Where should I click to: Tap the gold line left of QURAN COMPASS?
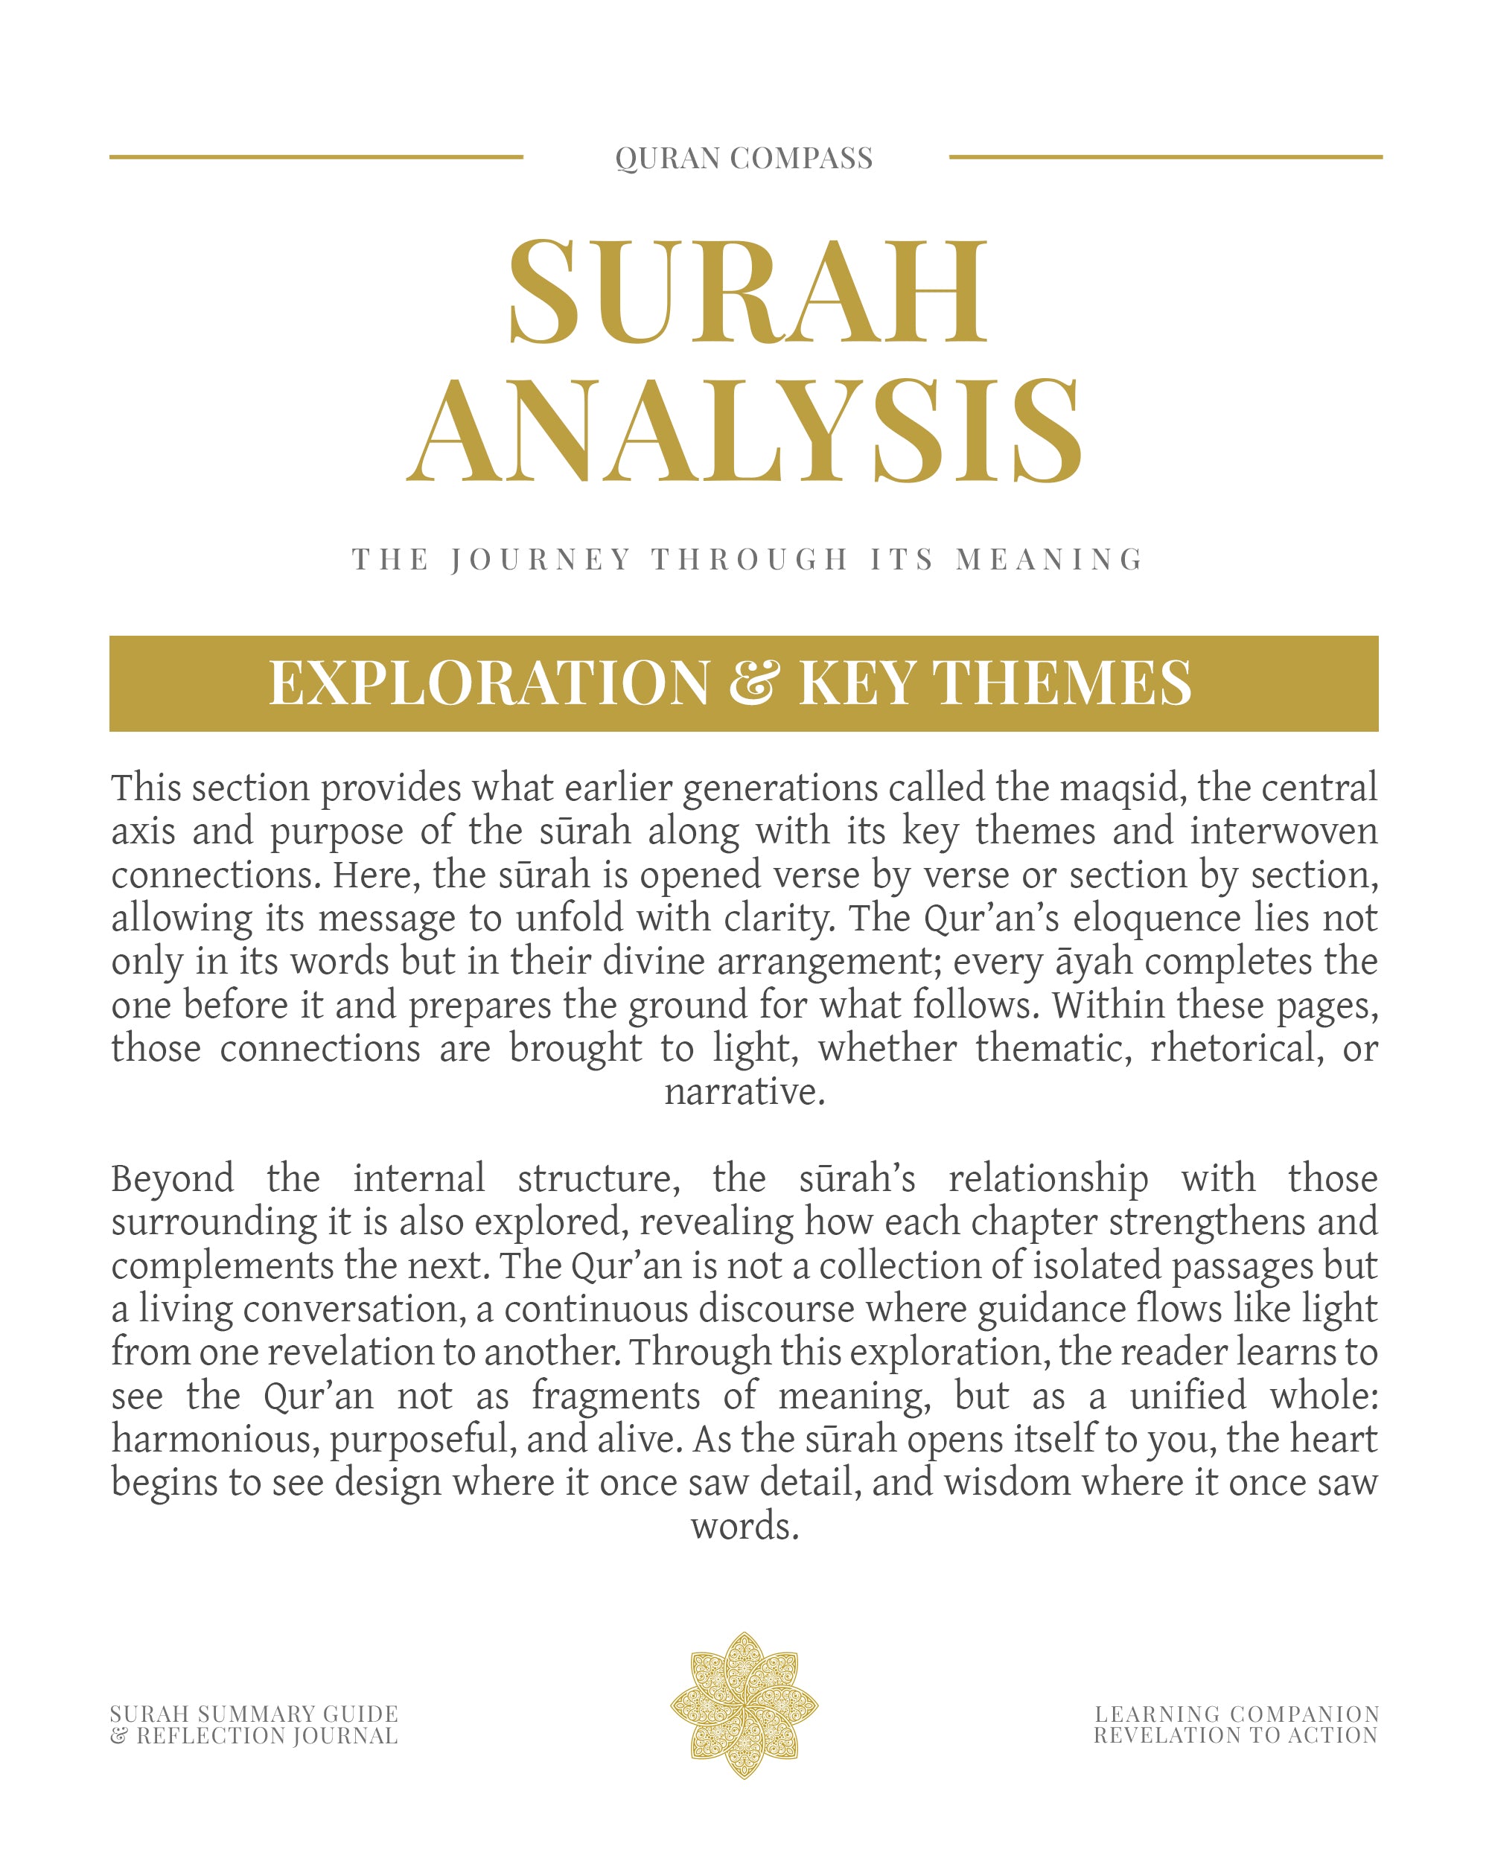[316, 157]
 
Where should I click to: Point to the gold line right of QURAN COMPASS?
[1165, 157]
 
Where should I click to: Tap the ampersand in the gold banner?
[753, 683]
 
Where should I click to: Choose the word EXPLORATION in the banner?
[489, 683]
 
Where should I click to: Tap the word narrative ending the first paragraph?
[744, 1093]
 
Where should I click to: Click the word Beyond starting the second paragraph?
[173, 1180]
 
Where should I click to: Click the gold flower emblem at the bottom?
[744, 1705]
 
